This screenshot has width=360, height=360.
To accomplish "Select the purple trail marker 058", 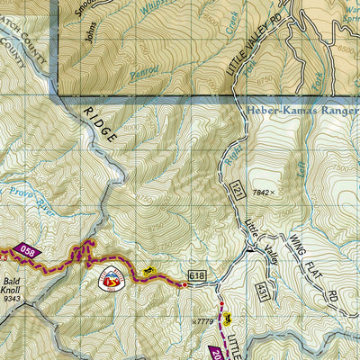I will tap(28, 253).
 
